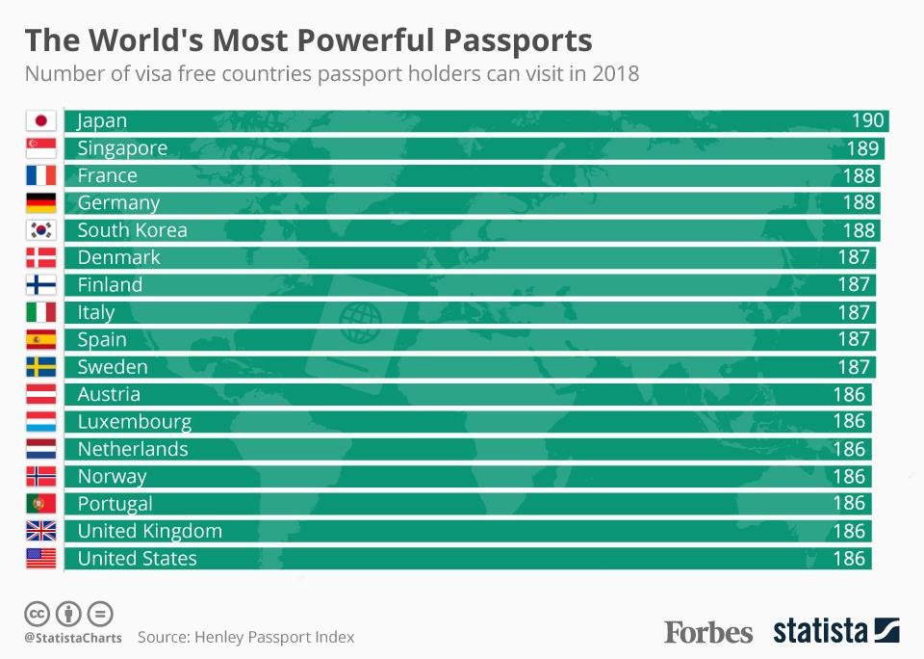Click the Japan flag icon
[40, 121]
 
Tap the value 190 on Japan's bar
[867, 121]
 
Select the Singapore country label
[122, 148]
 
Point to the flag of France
[40, 175]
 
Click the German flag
[40, 203]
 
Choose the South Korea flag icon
[40, 230]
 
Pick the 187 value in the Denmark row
[854, 257]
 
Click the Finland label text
[110, 285]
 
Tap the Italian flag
[40, 312]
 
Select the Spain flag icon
[40, 339]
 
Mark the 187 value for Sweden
[854, 367]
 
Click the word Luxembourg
[135, 422]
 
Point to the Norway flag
[40, 476]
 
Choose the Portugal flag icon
[40, 504]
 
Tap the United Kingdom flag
[40, 531]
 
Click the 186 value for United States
[850, 559]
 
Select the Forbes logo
[708, 633]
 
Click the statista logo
[835, 632]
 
